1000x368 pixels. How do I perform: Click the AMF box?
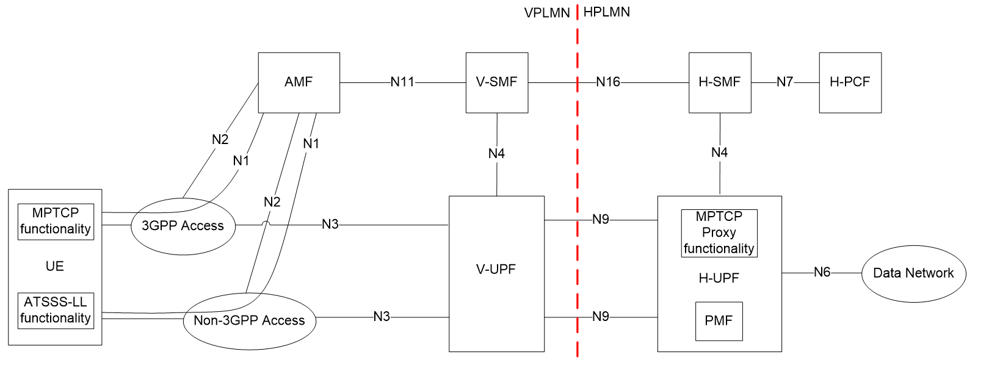coord(299,82)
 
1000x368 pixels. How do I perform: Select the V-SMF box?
coord(496,82)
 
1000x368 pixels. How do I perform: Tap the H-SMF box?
coord(719,82)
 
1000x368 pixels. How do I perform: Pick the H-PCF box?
coord(850,82)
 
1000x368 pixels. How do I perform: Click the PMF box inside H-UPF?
coord(719,321)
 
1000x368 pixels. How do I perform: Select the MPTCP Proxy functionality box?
coord(719,233)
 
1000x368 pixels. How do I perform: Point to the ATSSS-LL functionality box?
coord(56,310)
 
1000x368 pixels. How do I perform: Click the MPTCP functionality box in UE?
coord(56,221)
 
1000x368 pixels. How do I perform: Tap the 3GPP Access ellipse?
coord(183,226)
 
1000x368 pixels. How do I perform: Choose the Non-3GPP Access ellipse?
coord(249,320)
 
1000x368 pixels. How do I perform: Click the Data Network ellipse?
coord(913,273)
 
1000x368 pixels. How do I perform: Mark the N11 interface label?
coord(402,82)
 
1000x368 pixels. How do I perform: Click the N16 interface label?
coord(608,82)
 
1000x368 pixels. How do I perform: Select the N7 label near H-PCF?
coord(784,82)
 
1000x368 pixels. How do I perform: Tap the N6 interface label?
coord(822,272)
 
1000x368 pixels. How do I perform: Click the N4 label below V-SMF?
coord(496,154)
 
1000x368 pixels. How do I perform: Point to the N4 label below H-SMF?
coord(719,153)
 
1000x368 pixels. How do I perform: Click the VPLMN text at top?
coord(546,13)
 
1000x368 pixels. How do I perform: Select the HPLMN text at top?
coord(606,12)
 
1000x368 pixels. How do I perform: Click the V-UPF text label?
coord(496,269)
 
